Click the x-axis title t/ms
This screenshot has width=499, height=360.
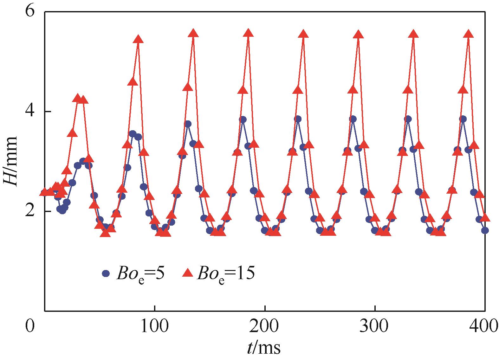tap(264, 348)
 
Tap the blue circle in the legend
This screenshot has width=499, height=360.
tap(106, 273)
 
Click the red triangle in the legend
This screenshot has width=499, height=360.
tap(188, 273)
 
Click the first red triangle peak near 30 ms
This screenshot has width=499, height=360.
tap(77, 98)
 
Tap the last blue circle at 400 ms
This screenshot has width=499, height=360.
tap(485, 230)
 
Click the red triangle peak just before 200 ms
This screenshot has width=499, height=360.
tap(248, 33)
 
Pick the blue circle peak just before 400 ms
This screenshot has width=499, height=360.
tap(463, 119)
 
